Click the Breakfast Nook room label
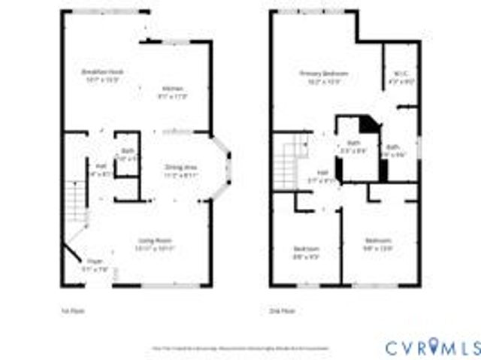coord(103,72)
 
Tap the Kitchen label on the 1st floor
coord(173,89)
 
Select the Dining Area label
coord(180,167)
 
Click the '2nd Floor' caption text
coord(279,309)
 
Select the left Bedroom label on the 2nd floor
coord(306,250)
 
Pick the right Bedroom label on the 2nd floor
coord(378,241)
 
